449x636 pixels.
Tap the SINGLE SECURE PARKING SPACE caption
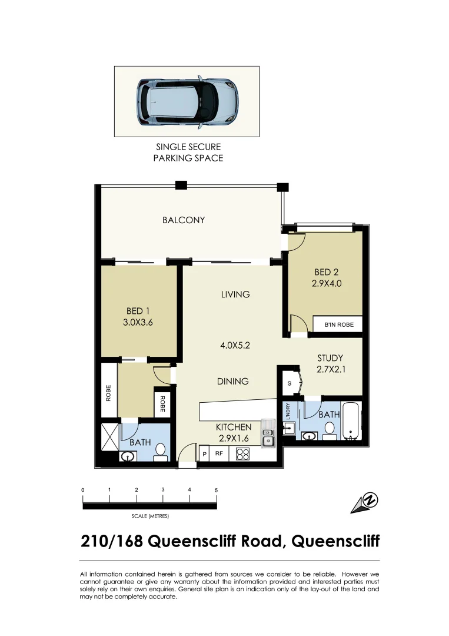[188, 152]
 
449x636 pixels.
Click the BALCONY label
[184, 220]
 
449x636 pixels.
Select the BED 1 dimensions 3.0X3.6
[139, 322]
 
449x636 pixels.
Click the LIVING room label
[235, 294]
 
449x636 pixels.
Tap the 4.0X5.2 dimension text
[235, 346]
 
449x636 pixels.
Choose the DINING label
[232, 381]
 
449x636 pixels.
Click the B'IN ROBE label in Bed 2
[334, 324]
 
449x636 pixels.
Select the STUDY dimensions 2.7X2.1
[330, 369]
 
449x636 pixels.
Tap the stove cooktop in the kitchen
[243, 453]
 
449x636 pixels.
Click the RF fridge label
[218, 454]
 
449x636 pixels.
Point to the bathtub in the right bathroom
[351, 420]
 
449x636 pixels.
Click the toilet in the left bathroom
[159, 452]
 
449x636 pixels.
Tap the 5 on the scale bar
[216, 490]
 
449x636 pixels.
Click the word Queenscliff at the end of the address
[335, 541]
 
